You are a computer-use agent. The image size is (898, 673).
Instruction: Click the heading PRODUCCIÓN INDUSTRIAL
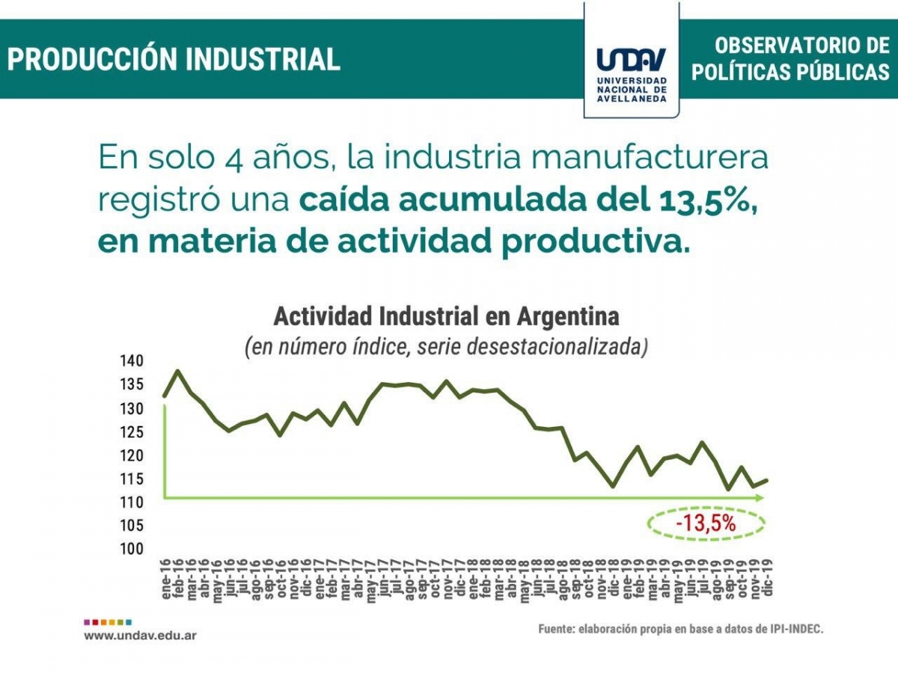coord(174,59)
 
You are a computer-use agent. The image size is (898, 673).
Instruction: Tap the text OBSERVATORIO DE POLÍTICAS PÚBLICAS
coord(790,58)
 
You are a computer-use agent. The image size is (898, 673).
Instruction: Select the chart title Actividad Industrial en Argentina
coord(446,316)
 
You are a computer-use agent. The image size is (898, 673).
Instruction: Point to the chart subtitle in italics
coord(446,348)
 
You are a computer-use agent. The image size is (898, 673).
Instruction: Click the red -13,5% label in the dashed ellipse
coord(706,524)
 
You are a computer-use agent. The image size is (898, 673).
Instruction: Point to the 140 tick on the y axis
coord(130,361)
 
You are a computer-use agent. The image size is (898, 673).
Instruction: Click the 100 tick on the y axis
coord(130,548)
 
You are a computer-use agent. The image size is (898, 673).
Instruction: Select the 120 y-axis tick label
coord(130,455)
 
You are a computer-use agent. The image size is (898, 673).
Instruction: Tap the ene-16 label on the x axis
coord(165,579)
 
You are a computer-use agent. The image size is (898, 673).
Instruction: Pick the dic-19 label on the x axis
coord(766,579)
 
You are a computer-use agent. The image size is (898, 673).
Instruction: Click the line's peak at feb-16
coord(177,371)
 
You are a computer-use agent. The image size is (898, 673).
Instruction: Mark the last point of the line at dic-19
coord(766,480)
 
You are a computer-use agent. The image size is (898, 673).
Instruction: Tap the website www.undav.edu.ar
coord(140,636)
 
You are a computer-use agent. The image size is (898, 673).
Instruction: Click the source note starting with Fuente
coord(680,630)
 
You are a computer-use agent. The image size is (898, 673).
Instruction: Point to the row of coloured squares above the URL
coord(108,621)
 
